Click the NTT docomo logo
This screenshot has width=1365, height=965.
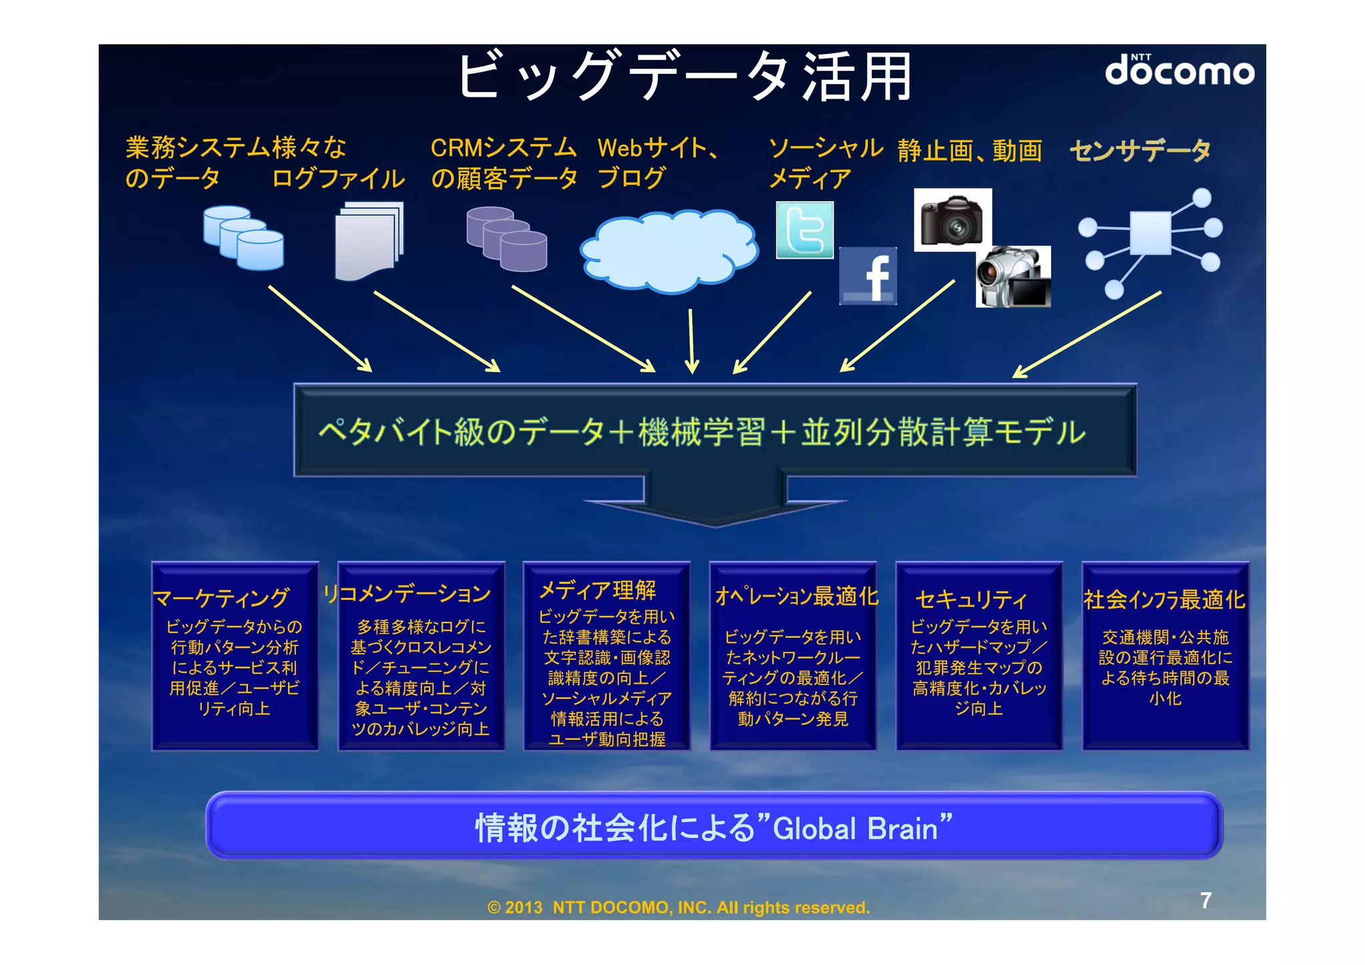(1179, 70)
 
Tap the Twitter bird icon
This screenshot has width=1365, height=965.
(804, 230)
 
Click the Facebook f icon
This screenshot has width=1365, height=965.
(868, 276)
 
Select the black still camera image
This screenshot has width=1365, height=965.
(952, 220)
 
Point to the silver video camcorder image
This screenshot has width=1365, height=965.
(1012, 277)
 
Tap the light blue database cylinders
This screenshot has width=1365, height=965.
(243, 238)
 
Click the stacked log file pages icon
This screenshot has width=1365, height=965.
(369, 241)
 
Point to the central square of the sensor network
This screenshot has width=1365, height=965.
(1150, 233)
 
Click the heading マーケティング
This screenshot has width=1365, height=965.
(221, 598)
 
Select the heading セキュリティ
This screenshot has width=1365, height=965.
(970, 599)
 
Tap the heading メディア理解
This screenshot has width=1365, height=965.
(597, 590)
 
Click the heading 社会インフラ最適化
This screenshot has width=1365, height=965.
(1164, 599)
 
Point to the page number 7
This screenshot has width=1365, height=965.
(1206, 900)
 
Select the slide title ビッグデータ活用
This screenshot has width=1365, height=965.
(684, 76)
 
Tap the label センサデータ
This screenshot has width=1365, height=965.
(1140, 151)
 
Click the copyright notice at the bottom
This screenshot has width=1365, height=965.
(679, 908)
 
